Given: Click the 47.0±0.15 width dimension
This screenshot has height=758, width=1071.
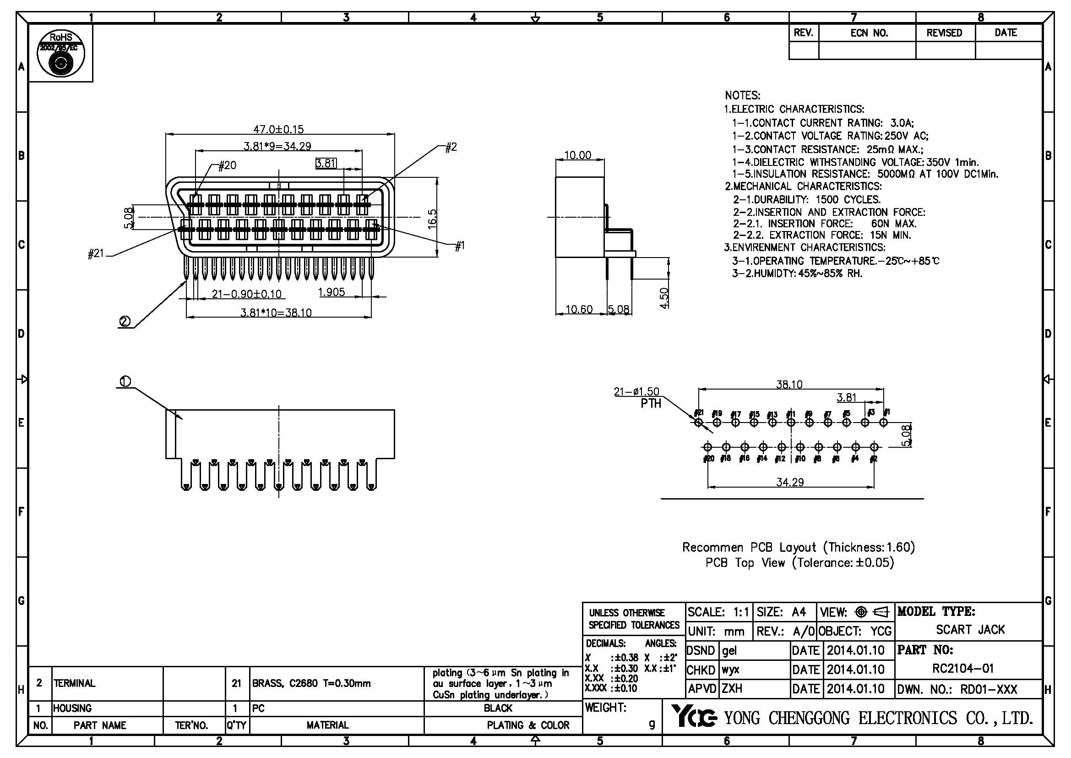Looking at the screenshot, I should click(278, 129).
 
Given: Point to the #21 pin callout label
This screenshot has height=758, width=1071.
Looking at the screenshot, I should click(96, 253).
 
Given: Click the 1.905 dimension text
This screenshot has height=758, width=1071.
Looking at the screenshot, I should click(331, 292).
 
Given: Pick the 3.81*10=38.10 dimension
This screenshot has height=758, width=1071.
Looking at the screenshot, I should click(276, 312).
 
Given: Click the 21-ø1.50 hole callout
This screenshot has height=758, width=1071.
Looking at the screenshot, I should click(636, 391).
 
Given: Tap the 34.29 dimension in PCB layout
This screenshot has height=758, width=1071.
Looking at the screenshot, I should click(790, 482).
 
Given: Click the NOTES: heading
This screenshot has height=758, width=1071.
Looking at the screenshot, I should click(742, 96).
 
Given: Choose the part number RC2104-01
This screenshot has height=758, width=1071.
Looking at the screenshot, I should click(963, 668).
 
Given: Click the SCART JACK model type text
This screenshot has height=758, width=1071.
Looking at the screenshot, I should click(970, 630).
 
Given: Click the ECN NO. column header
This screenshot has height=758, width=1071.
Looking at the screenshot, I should click(869, 33).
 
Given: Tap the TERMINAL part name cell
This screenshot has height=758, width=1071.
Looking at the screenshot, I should click(75, 683).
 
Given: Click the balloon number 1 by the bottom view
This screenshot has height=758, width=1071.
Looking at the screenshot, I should click(125, 381).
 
